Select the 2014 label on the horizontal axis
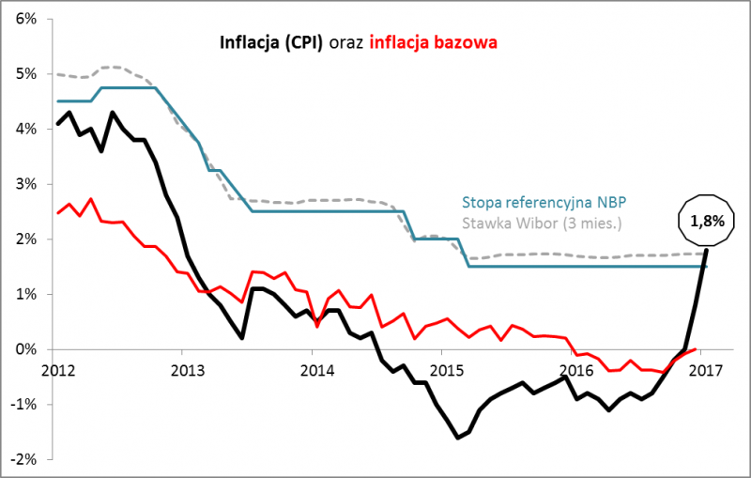pos(314,369)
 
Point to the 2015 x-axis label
pos(445,369)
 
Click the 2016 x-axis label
pos(575,369)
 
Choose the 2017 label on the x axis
pos(705,369)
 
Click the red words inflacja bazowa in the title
pos(433,41)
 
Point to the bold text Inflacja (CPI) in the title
pos(270,41)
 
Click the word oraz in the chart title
pos(345,41)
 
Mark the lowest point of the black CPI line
pos(458,438)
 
